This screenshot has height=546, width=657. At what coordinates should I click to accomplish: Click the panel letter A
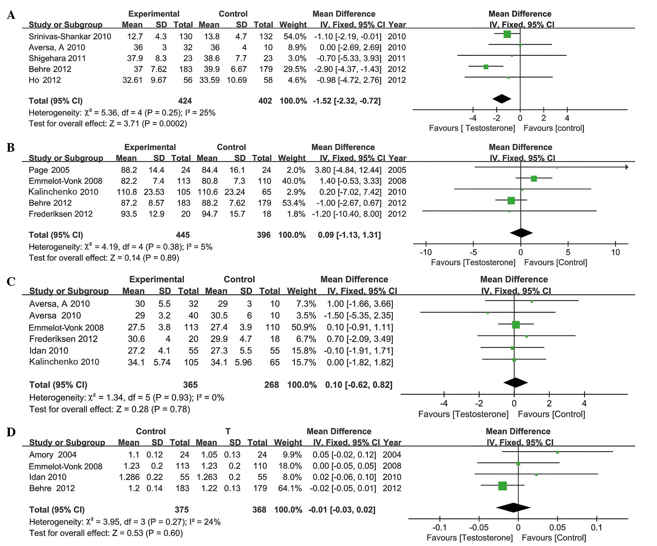11,15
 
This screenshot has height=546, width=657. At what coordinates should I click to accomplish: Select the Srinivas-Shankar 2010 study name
70,36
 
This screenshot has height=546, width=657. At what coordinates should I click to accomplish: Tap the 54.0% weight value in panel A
295,36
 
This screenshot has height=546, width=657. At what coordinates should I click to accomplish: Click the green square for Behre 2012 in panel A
486,67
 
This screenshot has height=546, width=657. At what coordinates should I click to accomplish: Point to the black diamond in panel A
502,99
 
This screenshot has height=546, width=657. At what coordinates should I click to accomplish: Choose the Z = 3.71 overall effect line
108,124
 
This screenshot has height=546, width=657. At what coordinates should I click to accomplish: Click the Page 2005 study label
49,170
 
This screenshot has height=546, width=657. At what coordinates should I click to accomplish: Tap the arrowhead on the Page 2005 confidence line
627,167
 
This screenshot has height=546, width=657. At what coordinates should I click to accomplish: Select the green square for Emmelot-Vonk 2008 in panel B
534,179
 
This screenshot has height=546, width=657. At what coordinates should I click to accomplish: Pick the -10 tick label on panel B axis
426,252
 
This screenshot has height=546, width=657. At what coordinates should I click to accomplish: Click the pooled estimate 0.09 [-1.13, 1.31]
349,235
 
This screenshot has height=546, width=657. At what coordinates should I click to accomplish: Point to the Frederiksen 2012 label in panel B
61,214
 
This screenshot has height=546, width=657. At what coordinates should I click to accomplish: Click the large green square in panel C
516,325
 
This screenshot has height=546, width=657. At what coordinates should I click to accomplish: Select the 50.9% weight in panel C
303,327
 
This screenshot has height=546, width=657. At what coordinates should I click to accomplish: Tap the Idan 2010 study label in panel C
49,350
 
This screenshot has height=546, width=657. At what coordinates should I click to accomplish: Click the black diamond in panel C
515,383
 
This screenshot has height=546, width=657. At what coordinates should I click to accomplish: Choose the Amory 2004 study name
53,455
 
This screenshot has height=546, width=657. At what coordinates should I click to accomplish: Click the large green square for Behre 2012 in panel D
502,486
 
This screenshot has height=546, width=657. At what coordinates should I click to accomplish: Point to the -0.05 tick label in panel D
479,527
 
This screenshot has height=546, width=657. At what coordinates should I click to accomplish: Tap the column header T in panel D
228,431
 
